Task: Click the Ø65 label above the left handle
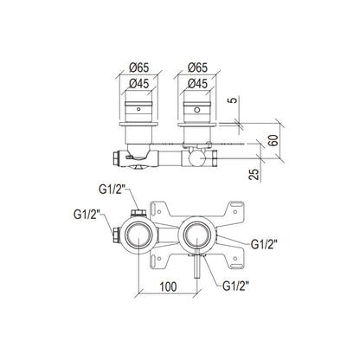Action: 139,67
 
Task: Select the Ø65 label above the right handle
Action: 197,67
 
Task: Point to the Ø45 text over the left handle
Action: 139,84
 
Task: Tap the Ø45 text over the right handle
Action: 197,84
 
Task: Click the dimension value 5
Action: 234,100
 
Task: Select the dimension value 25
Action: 254,174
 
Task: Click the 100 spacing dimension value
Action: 168,286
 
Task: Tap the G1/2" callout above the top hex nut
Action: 112,190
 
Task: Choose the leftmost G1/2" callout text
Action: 87,215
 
